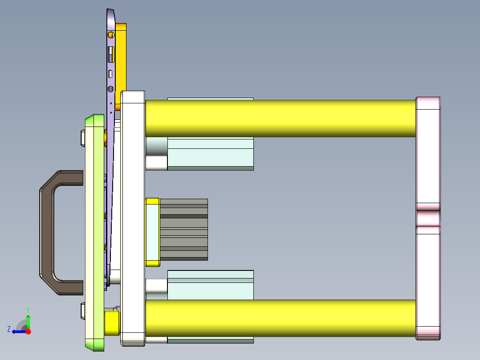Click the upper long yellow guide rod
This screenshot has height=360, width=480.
pos(281,118)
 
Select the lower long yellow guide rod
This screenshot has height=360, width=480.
pos(281,318)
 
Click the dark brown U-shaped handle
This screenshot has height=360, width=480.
pos(47,232)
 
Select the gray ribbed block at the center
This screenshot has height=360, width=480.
pos(183,229)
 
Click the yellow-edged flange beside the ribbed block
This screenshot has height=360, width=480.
pos(152,232)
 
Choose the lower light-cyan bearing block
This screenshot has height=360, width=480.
pos(210,285)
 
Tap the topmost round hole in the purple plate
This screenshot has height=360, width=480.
pos(110,35)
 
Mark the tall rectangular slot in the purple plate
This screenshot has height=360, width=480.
pos(110,54)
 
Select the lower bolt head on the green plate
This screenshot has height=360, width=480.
pos(82,311)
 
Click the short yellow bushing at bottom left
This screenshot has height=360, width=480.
pos(111,323)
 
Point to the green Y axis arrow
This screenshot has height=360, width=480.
pos(28,320)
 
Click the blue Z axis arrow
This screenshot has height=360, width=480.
pos(18,331)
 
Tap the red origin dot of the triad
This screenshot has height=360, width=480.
pos(28,331)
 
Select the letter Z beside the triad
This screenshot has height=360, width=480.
pos(9,329)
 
